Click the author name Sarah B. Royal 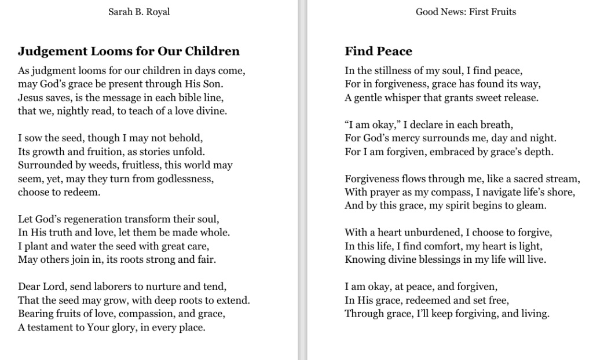click(139, 12)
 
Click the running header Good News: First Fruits click(466, 12)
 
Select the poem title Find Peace click(378, 51)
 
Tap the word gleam click(533, 205)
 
